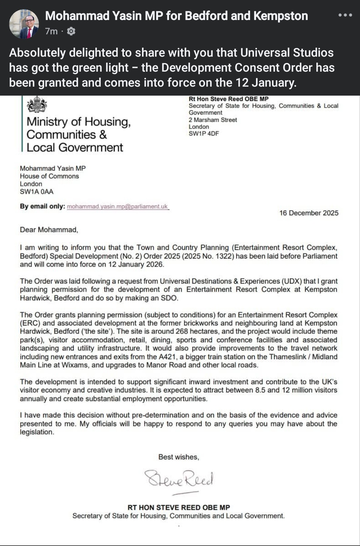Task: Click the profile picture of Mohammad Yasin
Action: pos(24,24)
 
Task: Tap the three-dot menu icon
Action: pos(345,15)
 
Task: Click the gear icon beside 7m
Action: pos(71,31)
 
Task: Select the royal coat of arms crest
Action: pos(37,104)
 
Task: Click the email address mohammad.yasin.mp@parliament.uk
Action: pos(117,207)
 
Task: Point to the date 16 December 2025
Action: pos(309,213)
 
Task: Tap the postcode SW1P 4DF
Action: pos(204,134)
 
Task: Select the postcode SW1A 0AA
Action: pos(36,192)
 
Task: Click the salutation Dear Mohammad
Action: pos(49,230)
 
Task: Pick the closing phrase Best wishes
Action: pos(179,457)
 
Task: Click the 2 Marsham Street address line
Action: pos(213,120)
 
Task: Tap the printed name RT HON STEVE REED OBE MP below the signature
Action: pos(179,507)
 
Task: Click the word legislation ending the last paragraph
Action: pos(36,432)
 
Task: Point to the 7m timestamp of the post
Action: pos(51,31)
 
